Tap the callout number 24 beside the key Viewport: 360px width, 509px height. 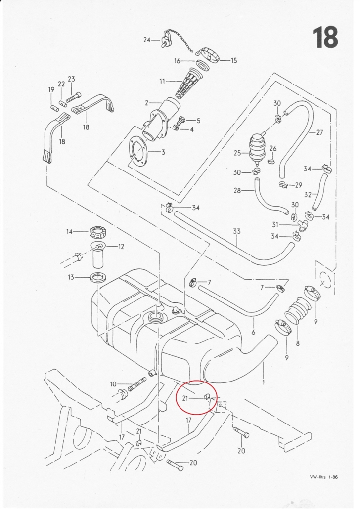click(147, 40)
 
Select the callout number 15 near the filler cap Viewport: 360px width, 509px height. click(233, 60)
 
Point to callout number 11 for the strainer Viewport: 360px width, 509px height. click(162, 80)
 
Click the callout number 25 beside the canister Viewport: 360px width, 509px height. click(238, 153)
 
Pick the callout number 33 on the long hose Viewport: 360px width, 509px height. click(237, 231)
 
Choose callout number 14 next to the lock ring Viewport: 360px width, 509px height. click(70, 231)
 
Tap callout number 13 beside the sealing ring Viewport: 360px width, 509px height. click(71, 277)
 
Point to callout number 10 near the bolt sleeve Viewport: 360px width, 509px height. click(113, 384)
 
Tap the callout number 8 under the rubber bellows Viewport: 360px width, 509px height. click(298, 342)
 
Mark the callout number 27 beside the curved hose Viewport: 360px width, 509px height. click(319, 132)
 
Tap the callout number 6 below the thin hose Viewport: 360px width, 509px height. click(253, 332)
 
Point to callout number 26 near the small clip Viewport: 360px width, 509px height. click(273, 148)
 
